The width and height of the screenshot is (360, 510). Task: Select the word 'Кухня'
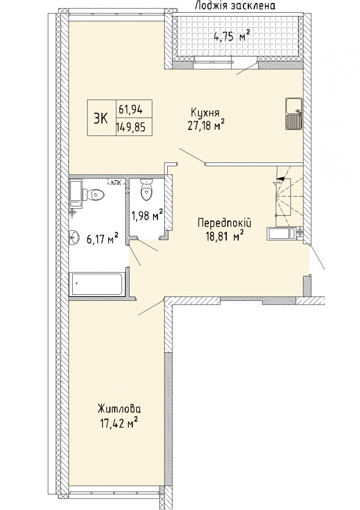[x=205, y=113]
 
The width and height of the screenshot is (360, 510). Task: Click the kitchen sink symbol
[x=294, y=113]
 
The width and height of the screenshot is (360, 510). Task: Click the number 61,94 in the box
[x=130, y=110]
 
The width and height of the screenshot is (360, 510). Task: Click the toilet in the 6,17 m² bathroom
[x=94, y=195]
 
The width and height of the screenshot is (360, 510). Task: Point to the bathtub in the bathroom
[x=97, y=285]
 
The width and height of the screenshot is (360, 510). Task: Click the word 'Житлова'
[x=120, y=408]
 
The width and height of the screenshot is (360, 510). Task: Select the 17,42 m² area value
[x=119, y=422]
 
